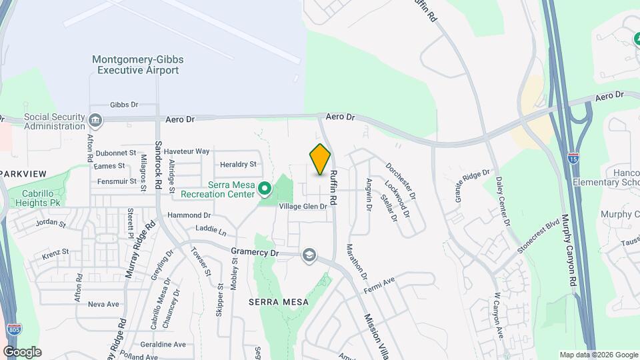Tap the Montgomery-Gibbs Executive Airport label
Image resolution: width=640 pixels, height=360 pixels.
(138, 65)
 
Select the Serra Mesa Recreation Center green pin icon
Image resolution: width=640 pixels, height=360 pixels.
(265, 189)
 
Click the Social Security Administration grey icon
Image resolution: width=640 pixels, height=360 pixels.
(95, 121)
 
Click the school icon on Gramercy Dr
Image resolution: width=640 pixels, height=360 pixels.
(309, 255)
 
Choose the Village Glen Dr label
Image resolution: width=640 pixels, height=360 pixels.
(303, 207)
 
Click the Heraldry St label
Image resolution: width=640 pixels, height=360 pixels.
(238, 164)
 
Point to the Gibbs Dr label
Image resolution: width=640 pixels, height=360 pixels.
(123, 105)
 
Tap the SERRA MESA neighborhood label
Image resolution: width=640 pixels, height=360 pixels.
(279, 302)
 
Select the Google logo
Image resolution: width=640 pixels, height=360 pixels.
(22, 351)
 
